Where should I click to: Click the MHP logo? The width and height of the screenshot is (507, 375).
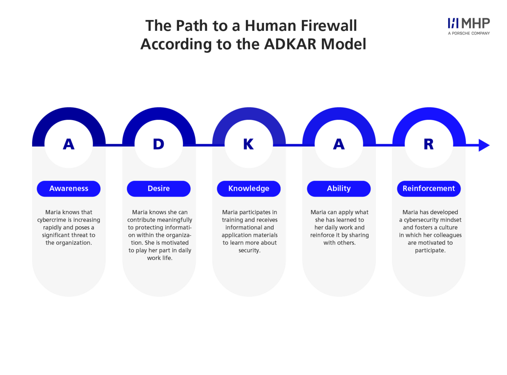point(468,24)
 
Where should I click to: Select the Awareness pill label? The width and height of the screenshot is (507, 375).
point(69,188)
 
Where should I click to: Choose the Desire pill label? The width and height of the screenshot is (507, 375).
point(158,188)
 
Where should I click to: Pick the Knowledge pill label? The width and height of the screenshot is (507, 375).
point(249,188)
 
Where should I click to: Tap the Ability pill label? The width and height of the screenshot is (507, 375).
point(338,188)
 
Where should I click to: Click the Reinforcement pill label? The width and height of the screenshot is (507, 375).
point(429,188)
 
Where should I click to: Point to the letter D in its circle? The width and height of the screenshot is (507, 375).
point(158,144)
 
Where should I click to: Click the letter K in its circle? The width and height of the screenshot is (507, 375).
point(248,144)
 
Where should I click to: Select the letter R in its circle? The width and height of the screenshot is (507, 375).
point(428,144)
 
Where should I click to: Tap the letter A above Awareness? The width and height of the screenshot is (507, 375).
point(69,144)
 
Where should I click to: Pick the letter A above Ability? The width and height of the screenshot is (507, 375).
point(338,144)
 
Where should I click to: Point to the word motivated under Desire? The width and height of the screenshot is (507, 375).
point(175,243)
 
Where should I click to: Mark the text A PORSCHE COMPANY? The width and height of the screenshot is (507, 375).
point(468,33)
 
